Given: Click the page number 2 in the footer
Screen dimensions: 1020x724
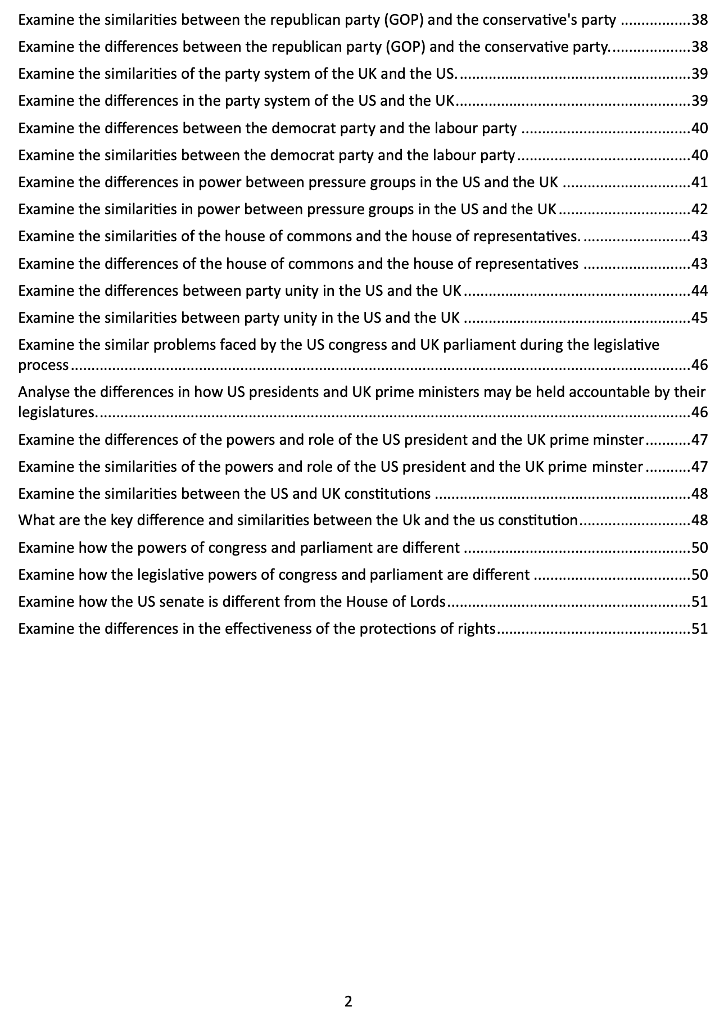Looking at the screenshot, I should [x=348, y=1001].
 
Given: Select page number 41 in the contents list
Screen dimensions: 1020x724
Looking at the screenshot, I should [x=699, y=182].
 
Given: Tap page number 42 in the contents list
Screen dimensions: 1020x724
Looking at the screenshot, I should [x=699, y=209].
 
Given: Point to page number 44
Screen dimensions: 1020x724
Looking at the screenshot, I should [x=699, y=291].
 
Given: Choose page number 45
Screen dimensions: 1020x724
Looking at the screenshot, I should [x=699, y=318].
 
